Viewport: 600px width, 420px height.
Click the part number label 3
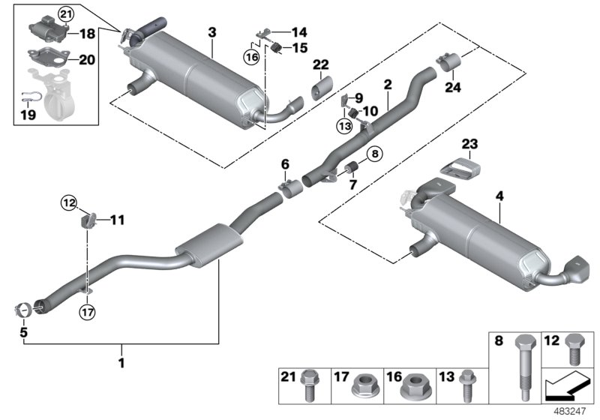pyautogui.click(x=212, y=32)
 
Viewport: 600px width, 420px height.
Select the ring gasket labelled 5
pyautogui.click(x=24, y=308)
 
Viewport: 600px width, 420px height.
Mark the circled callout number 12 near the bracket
pyautogui.click(x=68, y=201)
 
